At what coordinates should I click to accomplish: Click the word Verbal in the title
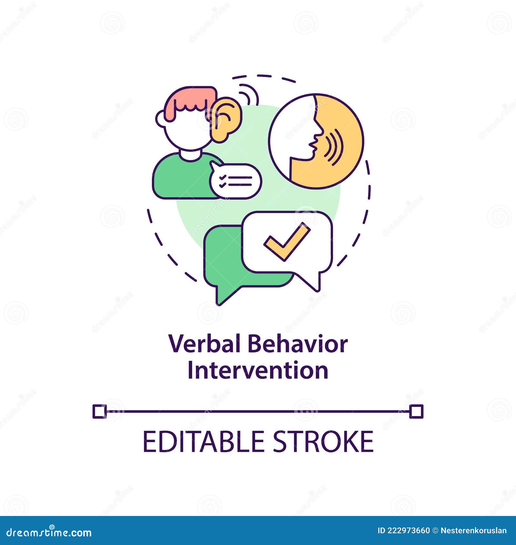click(205, 344)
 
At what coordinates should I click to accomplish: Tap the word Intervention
click(258, 371)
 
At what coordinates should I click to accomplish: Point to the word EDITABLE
click(203, 442)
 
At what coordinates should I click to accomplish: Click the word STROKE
click(323, 442)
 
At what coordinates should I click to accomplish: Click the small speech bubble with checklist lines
click(236, 181)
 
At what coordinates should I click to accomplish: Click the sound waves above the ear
click(250, 94)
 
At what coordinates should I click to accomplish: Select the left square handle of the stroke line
click(99, 411)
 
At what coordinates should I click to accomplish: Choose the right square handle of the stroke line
click(416, 411)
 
